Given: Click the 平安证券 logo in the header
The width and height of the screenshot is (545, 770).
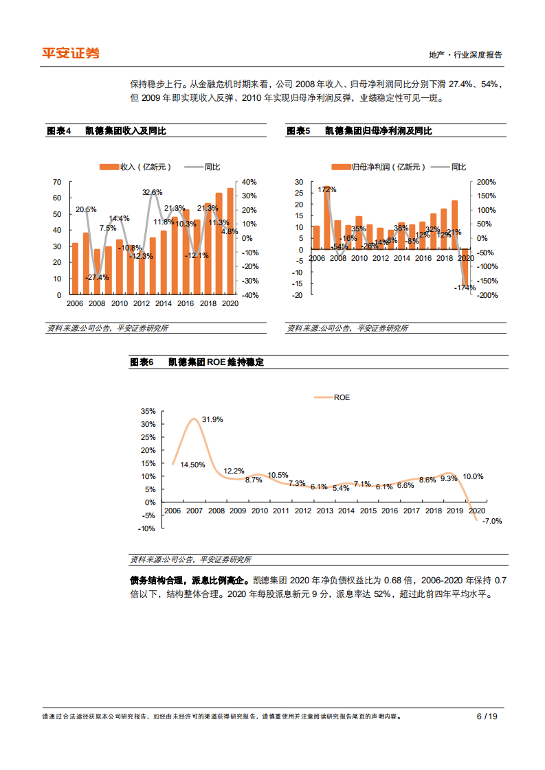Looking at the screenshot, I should click(x=71, y=53).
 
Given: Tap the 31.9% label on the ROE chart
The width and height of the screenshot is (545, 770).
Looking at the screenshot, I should click(x=212, y=419).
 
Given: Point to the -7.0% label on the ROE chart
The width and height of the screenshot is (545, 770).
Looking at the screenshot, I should click(x=492, y=521).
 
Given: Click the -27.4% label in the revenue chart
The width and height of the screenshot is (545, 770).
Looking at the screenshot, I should click(x=98, y=277).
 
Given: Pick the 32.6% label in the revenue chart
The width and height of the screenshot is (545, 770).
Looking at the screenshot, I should click(x=153, y=192).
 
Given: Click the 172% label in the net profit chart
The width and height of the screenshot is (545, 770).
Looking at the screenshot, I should click(x=327, y=189).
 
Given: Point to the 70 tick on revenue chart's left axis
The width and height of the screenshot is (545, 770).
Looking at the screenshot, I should click(x=57, y=182).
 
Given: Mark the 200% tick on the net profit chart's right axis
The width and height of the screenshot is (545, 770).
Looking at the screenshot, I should click(x=487, y=182).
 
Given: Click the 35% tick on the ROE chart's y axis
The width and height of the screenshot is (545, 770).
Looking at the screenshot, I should click(x=148, y=411).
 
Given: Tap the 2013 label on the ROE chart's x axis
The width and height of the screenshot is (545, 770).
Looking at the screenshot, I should click(x=324, y=511).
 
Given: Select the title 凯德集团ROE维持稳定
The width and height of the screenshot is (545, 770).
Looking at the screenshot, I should click(x=216, y=362).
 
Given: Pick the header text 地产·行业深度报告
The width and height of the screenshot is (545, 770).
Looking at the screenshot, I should click(x=465, y=55).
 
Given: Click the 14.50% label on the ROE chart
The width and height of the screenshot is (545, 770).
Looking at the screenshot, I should click(x=192, y=465).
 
